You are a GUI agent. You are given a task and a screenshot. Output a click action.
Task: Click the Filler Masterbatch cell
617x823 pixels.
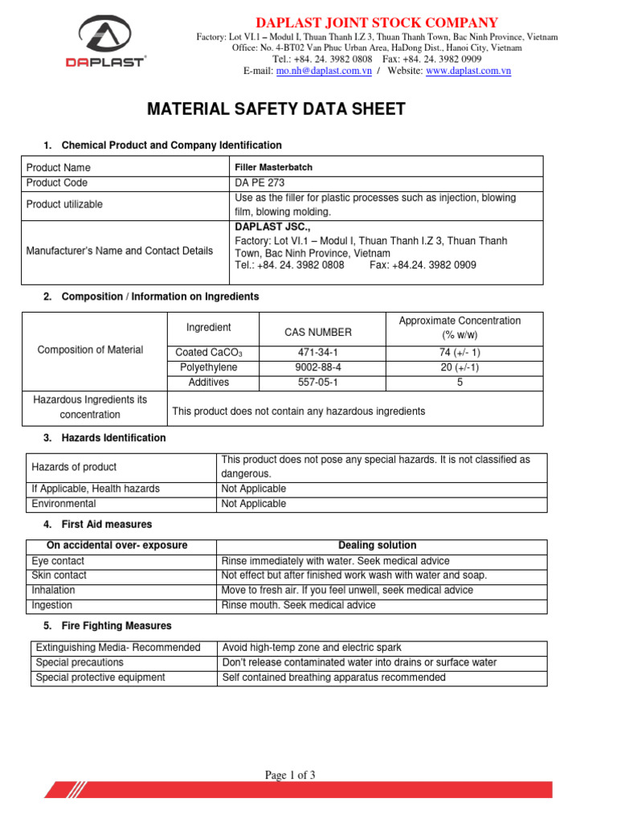pyautogui.click(x=273, y=167)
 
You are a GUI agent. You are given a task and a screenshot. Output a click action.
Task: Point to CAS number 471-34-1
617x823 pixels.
pyautogui.click(x=322, y=353)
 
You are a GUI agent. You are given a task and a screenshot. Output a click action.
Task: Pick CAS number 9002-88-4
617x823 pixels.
pyautogui.click(x=322, y=367)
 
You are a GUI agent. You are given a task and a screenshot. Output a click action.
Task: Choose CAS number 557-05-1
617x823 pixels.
pyautogui.click(x=322, y=383)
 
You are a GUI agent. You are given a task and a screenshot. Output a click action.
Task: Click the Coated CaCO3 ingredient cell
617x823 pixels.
pyautogui.click(x=209, y=353)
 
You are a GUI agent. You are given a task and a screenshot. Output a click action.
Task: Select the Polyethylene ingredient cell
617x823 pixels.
pyautogui.click(x=209, y=367)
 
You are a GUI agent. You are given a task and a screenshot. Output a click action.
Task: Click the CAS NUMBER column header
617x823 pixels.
pyautogui.click(x=318, y=332)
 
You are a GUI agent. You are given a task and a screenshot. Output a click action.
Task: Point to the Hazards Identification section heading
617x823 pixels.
pyautogui.click(x=113, y=438)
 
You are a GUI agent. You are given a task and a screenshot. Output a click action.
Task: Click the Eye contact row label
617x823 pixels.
pyautogui.click(x=58, y=561)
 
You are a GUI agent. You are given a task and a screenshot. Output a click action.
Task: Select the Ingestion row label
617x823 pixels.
pyautogui.click(x=52, y=605)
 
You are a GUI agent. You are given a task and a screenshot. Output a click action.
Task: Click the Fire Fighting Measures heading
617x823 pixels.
pyautogui.click(x=116, y=625)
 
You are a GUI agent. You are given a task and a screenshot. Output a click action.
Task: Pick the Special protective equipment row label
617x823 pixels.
pyautogui.click(x=100, y=678)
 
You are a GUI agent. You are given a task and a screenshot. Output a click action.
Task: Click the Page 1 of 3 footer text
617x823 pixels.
pyautogui.click(x=291, y=775)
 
